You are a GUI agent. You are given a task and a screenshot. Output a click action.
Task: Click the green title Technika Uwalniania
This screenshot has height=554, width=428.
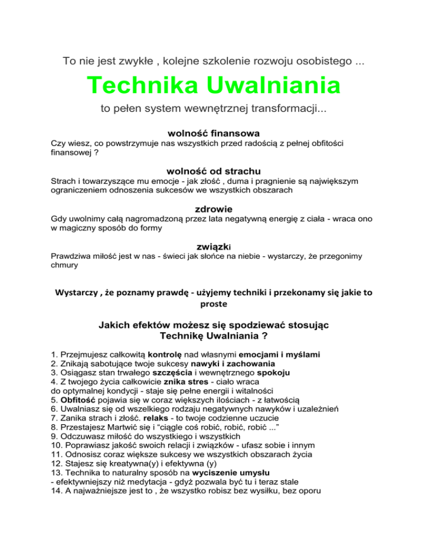tap(213, 86)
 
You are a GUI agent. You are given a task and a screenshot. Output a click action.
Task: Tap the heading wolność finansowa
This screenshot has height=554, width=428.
tap(213, 134)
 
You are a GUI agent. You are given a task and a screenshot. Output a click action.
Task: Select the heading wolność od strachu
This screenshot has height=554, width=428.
tap(213, 171)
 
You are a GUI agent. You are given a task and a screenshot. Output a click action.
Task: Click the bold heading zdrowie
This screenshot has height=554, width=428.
tap(213, 208)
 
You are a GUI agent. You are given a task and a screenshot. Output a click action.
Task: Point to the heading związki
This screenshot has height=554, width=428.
tap(213, 246)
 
